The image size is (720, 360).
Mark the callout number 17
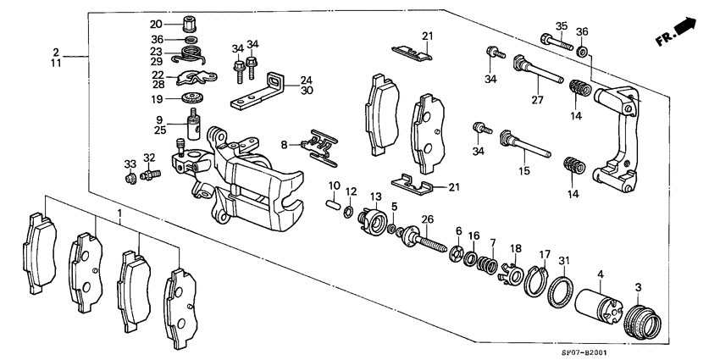545,253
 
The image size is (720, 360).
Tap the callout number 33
130,163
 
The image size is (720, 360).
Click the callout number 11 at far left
56,64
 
